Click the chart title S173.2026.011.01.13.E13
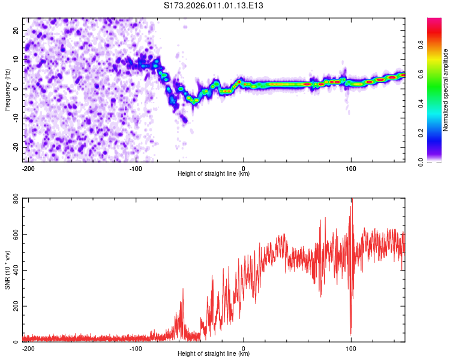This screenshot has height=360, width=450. [214, 5]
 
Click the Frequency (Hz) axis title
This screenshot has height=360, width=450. [7, 89]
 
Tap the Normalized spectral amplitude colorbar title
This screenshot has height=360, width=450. [446, 90]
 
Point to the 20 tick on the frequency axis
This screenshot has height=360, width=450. [16, 30]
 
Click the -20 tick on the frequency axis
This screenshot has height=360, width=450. [15, 147]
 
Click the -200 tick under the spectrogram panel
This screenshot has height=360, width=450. [28, 168]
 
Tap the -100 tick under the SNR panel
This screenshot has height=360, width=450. [136, 348]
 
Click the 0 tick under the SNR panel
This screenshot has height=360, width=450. [244, 348]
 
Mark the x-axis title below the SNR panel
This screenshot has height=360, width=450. [214, 354]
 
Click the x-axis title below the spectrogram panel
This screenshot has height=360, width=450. [214, 174]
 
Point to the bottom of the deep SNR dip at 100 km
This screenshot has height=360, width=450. [350, 334]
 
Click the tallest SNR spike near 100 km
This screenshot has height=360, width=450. [352, 201]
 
